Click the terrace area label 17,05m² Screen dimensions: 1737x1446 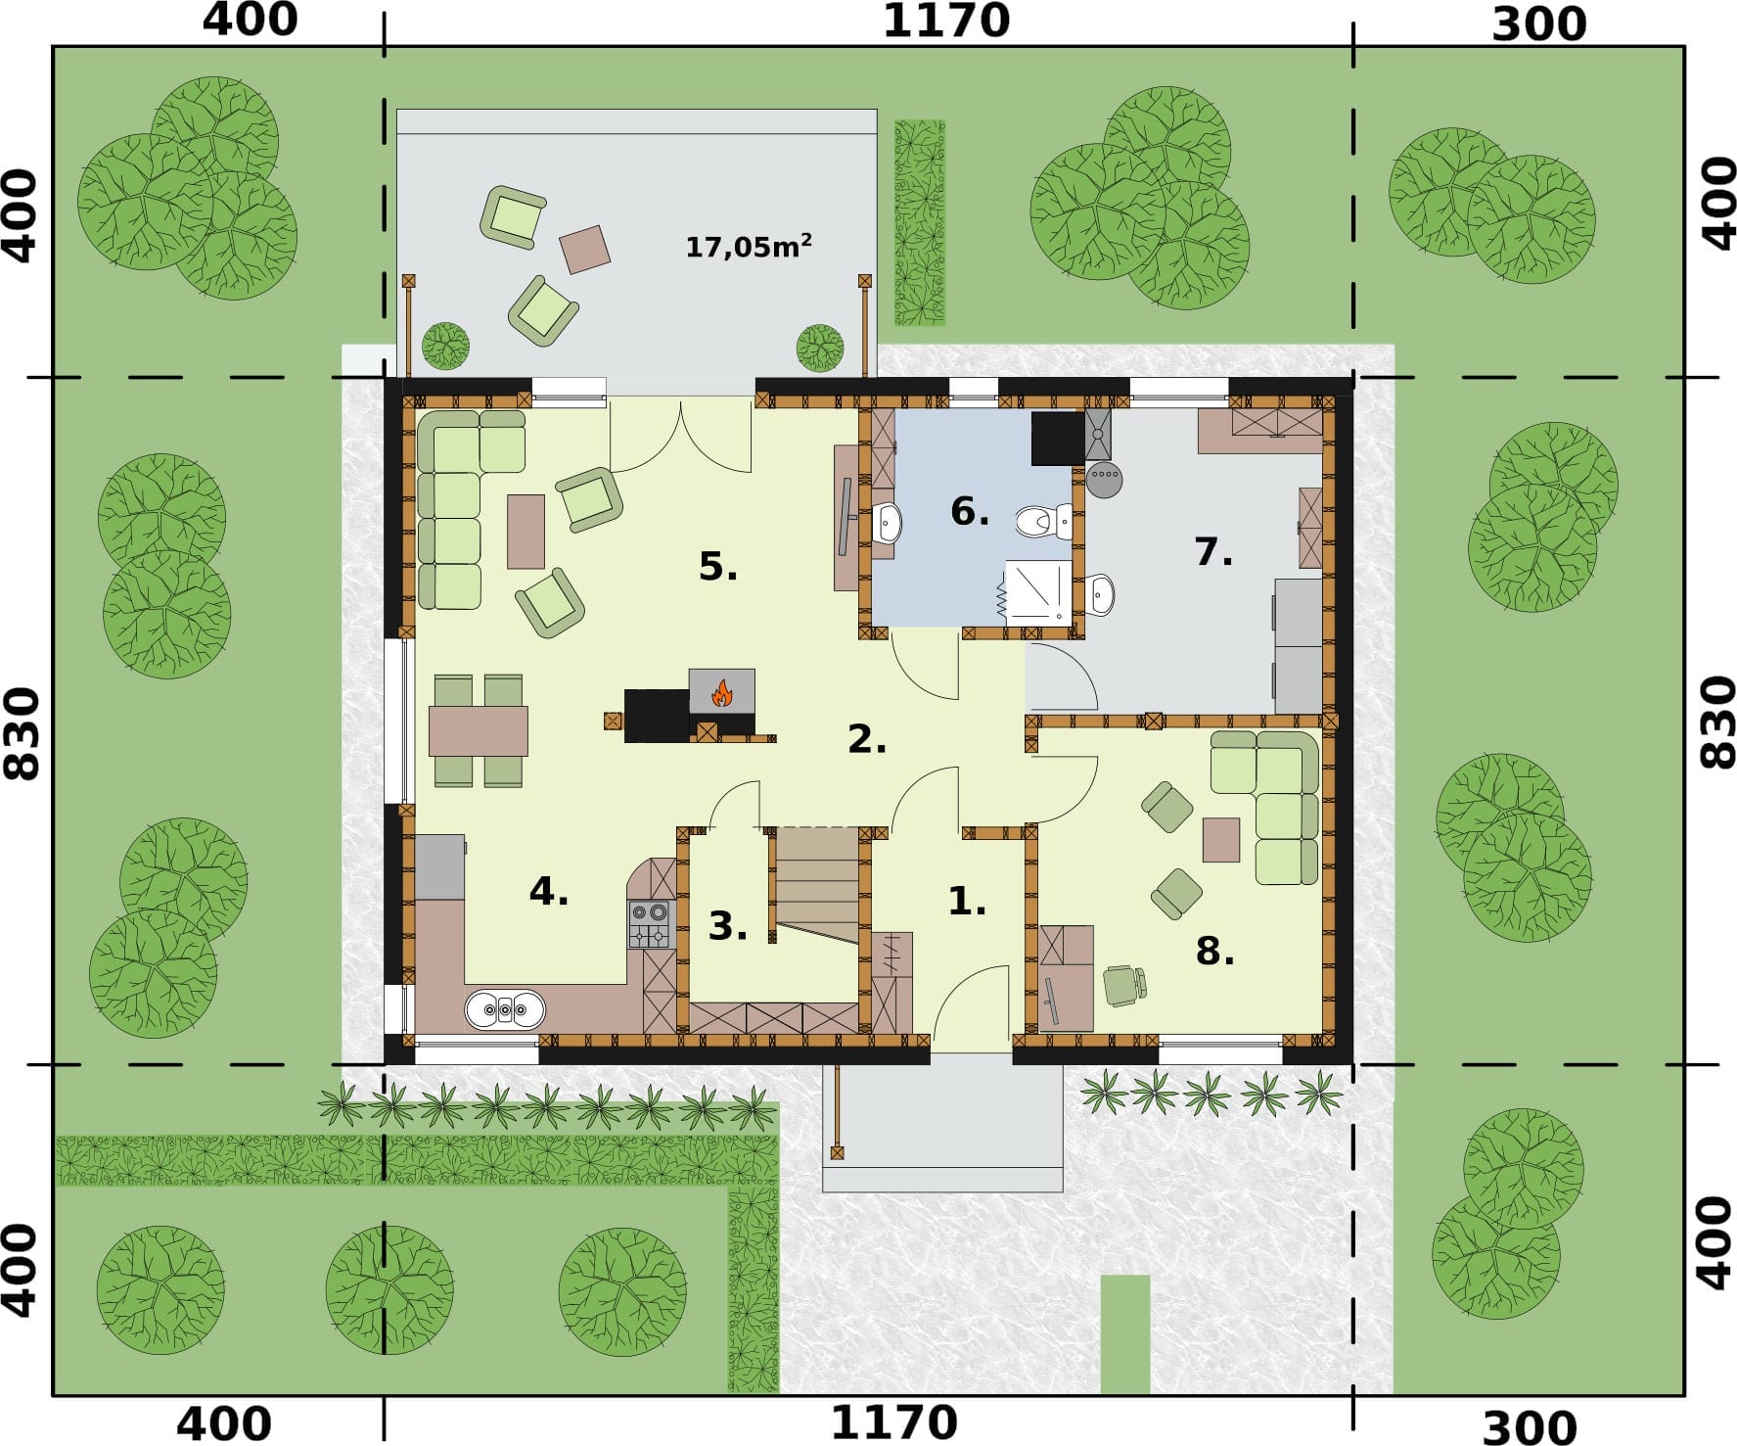point(749,246)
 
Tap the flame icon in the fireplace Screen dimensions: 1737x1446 point(722,693)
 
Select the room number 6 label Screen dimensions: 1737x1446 point(970,511)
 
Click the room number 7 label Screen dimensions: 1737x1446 point(1213,552)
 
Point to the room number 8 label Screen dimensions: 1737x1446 point(1215,950)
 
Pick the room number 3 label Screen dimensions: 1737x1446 point(728,925)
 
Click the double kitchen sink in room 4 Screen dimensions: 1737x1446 point(505,1009)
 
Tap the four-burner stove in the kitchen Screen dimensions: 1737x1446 point(651,924)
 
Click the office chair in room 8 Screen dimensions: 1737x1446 point(1124,985)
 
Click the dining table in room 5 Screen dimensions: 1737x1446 point(479,730)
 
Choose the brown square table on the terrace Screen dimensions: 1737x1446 point(585,249)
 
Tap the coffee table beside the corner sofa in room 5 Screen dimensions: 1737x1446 point(526,532)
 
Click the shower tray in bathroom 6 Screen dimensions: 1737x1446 point(1038,590)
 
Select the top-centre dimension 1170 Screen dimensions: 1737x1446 point(946,22)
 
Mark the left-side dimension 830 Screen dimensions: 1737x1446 point(22,733)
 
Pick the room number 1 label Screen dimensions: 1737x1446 point(967,901)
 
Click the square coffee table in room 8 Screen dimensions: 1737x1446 point(1221,840)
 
